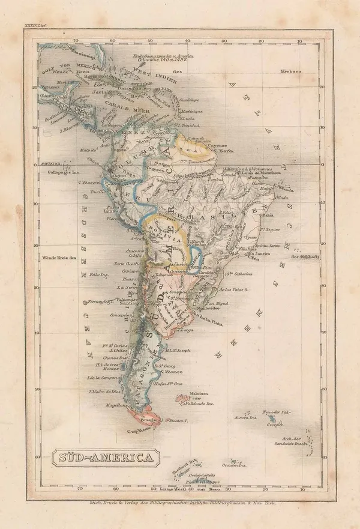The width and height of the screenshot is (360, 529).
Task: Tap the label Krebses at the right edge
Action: pyautogui.click(x=289, y=71)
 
